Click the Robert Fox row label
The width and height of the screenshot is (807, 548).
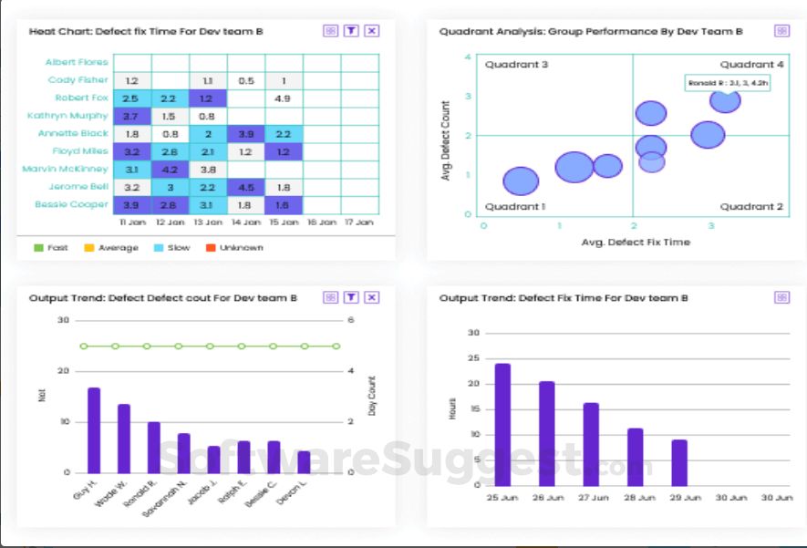click(x=82, y=98)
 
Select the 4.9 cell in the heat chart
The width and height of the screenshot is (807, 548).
click(x=283, y=98)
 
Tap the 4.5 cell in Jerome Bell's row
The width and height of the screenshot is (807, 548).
click(x=245, y=187)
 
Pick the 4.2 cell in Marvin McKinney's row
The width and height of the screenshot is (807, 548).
click(x=170, y=169)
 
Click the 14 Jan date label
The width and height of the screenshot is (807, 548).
click(x=245, y=222)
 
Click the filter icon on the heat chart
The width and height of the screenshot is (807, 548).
click(x=351, y=31)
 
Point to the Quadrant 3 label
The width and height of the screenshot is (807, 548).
click(x=516, y=65)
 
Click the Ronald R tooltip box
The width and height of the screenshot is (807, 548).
click(x=728, y=83)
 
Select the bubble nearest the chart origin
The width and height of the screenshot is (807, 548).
click(x=521, y=181)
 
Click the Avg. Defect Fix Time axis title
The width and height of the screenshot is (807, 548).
click(x=636, y=243)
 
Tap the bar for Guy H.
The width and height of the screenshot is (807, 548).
click(x=93, y=429)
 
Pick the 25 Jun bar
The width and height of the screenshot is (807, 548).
click(x=502, y=425)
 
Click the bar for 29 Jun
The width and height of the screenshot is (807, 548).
click(x=679, y=463)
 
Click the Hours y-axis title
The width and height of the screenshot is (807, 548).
click(x=452, y=409)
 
